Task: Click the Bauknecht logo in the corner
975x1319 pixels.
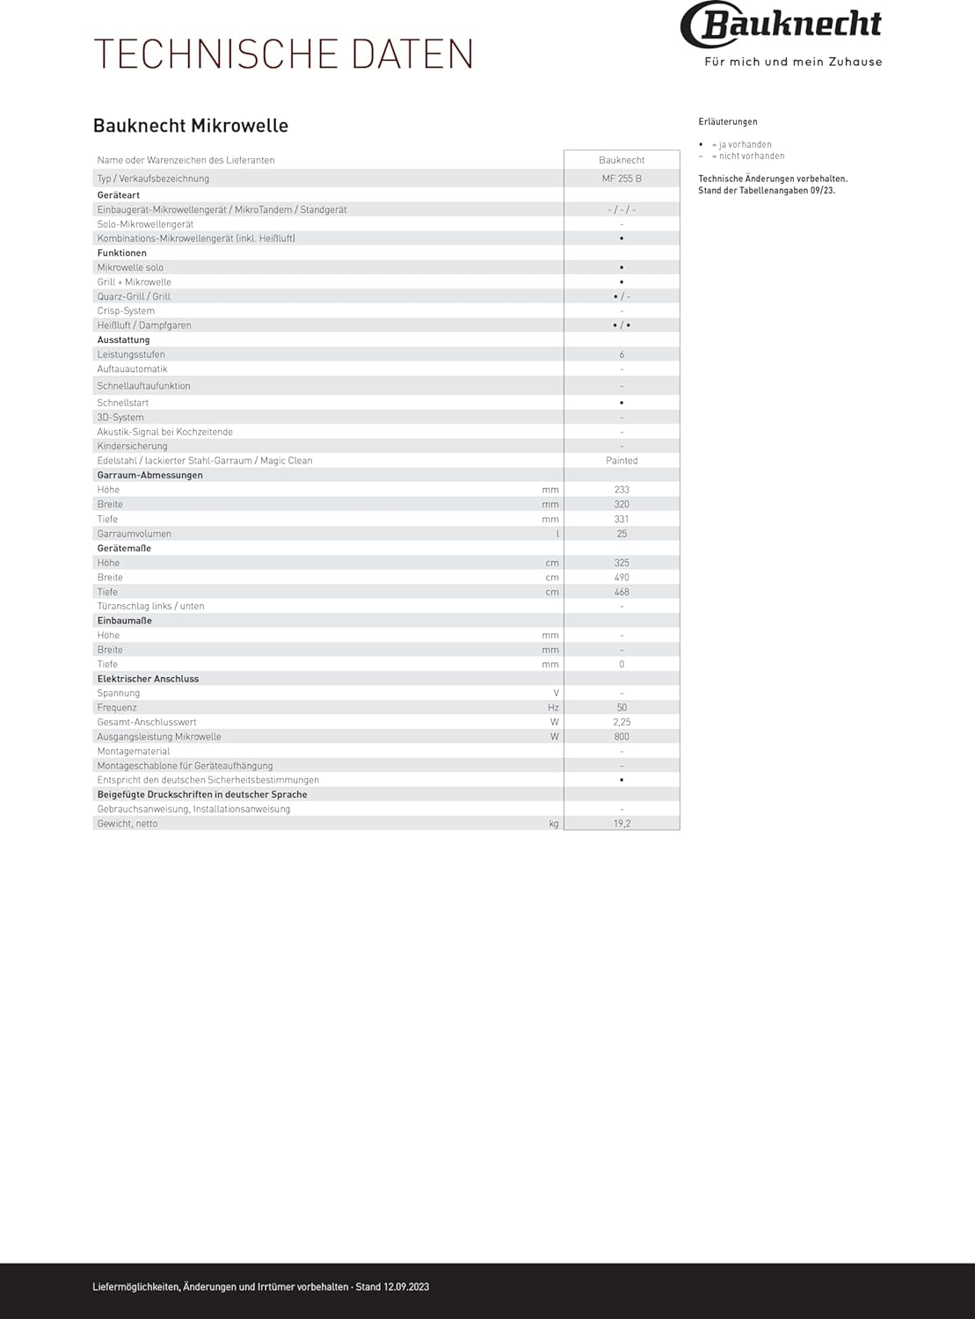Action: (781, 25)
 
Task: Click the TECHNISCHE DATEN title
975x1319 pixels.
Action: (283, 55)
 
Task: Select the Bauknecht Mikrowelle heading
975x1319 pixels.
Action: (191, 126)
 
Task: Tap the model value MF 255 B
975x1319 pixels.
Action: (622, 179)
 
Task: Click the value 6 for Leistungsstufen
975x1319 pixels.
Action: (622, 354)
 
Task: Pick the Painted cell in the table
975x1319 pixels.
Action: (622, 461)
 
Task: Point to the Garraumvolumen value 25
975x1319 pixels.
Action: (622, 534)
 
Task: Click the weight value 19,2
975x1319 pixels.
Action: (622, 824)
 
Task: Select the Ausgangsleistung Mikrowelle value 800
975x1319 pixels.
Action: (622, 737)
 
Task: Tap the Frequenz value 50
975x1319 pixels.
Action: (622, 708)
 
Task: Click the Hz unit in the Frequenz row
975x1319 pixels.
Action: (553, 708)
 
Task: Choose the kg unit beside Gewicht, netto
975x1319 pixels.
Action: (554, 824)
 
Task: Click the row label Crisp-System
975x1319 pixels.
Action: (126, 311)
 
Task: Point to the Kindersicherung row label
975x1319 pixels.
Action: (132, 447)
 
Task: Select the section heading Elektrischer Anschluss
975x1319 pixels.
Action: (148, 679)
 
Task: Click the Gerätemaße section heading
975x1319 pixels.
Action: (124, 549)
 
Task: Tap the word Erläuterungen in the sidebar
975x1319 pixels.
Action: (727, 122)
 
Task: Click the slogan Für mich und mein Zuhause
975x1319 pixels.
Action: (793, 62)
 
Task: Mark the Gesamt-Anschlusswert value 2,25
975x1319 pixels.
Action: (622, 722)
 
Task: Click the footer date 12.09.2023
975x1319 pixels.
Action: (406, 1287)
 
